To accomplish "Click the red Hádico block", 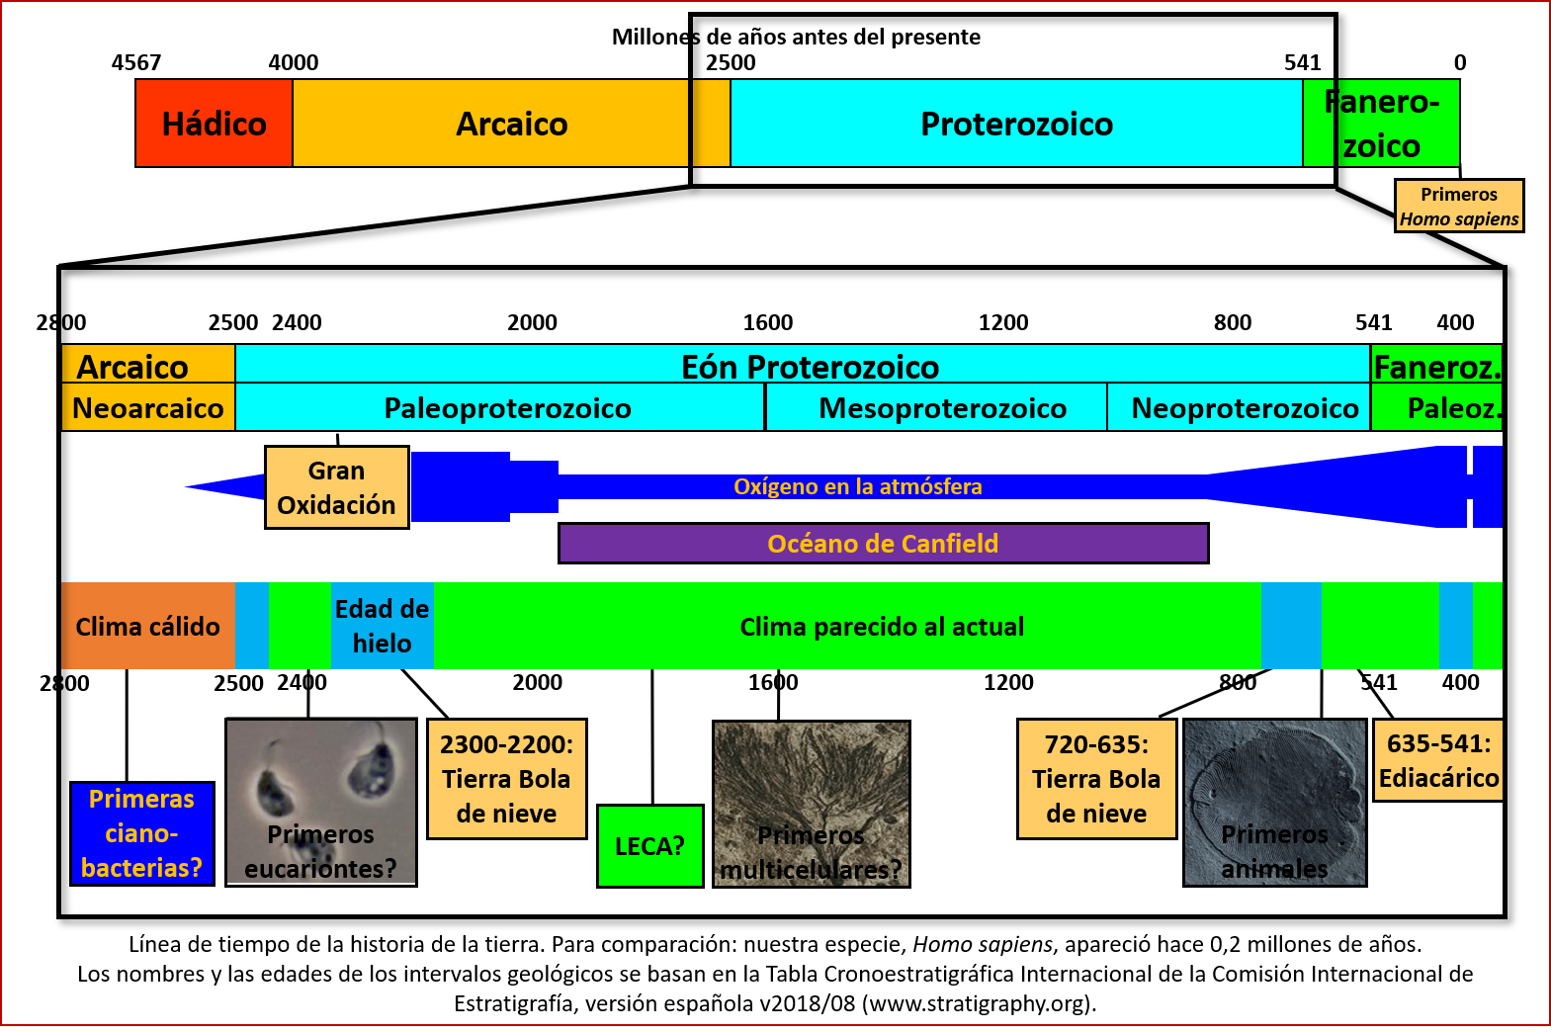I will pos(214,124).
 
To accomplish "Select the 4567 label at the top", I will pos(136,62).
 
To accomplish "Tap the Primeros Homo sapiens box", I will pos(1459,207).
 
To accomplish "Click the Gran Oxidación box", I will pos(336,487).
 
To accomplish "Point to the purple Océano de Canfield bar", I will pos(883,544).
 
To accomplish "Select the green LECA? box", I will pos(649,846).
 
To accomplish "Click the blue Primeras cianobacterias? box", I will pos(142,833).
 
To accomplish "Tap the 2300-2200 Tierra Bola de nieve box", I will pos(506,779).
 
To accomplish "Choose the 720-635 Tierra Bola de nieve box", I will pos(1096,779).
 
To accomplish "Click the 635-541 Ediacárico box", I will pos(1438,760).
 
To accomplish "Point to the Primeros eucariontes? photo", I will pos(321,802).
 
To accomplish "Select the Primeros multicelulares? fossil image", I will pos(811,803).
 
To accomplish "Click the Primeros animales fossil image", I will pos(1274,802).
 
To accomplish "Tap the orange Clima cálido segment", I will pos(147,626).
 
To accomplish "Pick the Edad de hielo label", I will pos(382,626).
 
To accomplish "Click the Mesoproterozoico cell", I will pos(942,408).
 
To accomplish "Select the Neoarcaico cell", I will pos(148,408).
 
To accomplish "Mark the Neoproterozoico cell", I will pos(1244,408).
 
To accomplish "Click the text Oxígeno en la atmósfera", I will pos(857,486).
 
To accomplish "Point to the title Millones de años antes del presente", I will pos(796,37).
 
